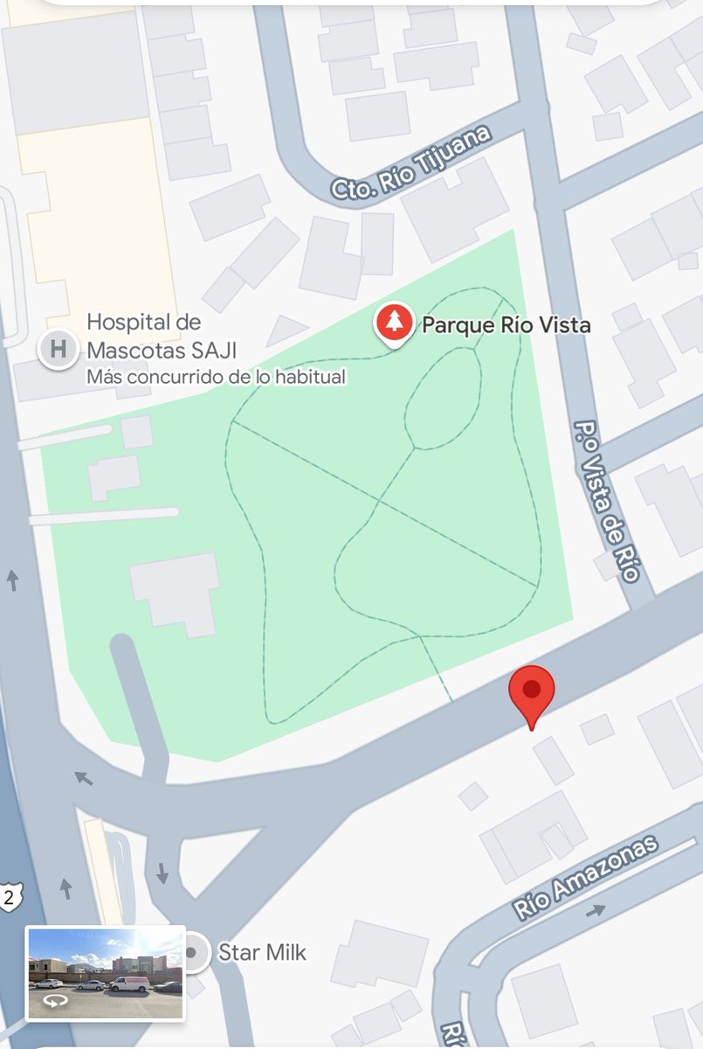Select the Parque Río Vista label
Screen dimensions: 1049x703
coord(507,326)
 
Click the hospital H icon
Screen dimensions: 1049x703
coord(58,350)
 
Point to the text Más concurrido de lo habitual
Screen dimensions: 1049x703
coord(216,378)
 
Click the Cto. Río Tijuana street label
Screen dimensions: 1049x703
coord(410,163)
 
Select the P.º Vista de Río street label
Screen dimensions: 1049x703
coord(606,500)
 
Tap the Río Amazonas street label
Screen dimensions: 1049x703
coord(585,877)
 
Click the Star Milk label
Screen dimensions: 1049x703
coord(262,952)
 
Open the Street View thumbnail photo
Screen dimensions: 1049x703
coord(106,972)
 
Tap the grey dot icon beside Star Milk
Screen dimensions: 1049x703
coord(191,952)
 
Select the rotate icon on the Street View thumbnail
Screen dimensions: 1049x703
coord(54,1002)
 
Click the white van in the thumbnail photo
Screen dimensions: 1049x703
coord(128,983)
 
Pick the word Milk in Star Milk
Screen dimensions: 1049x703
coord(286,952)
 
